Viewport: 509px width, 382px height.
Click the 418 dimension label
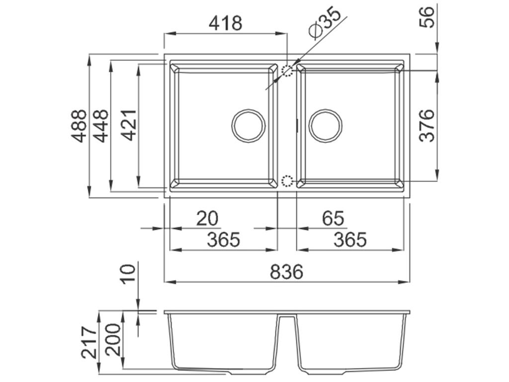coord(225,23)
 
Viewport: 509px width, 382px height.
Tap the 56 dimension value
coord(427,16)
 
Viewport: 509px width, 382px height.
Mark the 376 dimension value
coord(427,125)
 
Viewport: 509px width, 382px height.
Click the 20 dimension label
coord(207,218)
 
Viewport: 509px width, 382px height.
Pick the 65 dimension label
coord(333,218)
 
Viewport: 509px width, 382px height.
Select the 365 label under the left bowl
coord(223,240)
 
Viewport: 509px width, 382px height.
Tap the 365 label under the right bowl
coord(349,240)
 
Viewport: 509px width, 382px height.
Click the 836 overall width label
coord(286,272)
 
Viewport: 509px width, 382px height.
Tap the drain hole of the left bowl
coord(248,124)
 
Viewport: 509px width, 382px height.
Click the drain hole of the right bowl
coord(326,124)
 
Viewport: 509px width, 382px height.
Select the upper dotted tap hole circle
coord(288,71)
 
